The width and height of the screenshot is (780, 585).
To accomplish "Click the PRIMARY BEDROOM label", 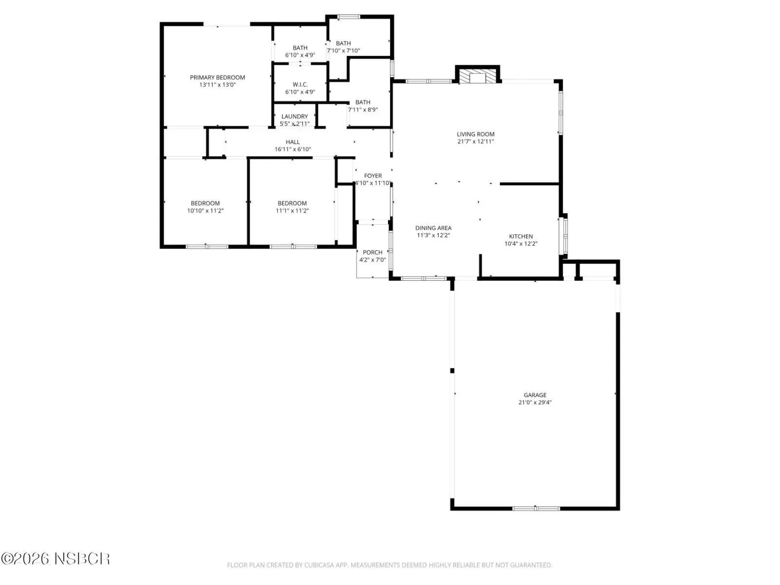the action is point(217,78).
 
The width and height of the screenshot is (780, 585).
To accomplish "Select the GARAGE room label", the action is point(535,395).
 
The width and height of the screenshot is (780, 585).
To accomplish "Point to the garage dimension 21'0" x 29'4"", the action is point(535,403).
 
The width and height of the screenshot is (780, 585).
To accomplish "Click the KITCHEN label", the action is point(521,236).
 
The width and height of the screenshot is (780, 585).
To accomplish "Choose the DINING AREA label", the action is point(433,228).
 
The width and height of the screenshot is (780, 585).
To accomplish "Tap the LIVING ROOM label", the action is point(475,134).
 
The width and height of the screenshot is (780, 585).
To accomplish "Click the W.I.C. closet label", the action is point(300,84).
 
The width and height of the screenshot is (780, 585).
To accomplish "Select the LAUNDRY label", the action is point(294,117).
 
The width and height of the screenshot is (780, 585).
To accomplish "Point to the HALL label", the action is point(292,142).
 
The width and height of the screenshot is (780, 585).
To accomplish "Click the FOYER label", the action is point(373,176).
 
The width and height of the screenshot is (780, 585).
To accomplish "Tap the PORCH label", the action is point(372,253).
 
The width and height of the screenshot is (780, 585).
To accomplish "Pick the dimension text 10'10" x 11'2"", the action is point(205,211).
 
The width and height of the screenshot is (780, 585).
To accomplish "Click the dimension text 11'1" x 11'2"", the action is point(292,211).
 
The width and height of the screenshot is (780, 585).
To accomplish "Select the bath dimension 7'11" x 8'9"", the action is point(363,110).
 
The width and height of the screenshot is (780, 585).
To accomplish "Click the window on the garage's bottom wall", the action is point(536,508).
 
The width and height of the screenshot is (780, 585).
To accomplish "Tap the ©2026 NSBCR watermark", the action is point(56,559).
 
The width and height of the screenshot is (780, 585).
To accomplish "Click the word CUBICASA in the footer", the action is point(318,565).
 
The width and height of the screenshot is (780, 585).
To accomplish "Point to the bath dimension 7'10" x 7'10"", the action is point(343,51).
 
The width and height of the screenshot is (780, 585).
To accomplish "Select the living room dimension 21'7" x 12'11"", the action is point(475,141).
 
